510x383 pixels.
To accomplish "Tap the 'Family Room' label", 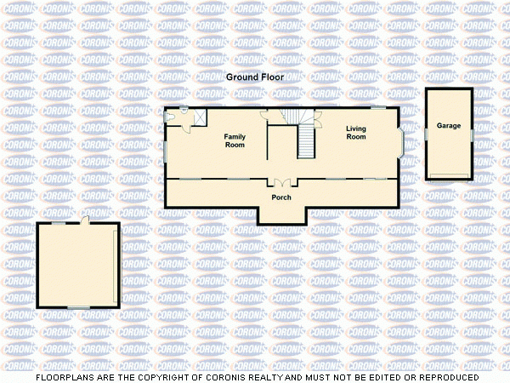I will pos(235,140).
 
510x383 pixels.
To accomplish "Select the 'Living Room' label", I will pos(355,133).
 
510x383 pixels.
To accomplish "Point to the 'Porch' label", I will pos(281,197).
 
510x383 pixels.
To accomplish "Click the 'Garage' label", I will pos(449,126).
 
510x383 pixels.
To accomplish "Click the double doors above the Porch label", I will pos(281,183).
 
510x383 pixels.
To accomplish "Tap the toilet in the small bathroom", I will pos(184,112).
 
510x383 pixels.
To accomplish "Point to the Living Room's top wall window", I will pos(377,107).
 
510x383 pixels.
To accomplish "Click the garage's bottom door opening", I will pos(449,176).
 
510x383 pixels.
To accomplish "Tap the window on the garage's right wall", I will pos(473,134).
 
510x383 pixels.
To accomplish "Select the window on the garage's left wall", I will pos(426,134).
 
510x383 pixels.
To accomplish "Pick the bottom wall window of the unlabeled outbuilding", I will pos(78,307).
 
